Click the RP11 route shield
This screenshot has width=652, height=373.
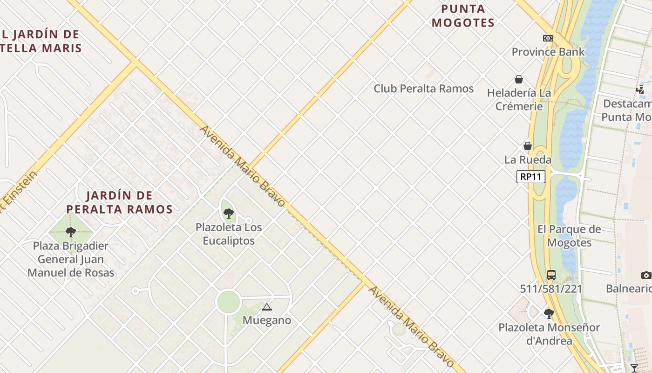[x=530, y=177]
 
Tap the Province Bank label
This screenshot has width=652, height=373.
[x=548, y=52]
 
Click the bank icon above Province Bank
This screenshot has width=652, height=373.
[x=548, y=38]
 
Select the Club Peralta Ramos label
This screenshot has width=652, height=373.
[x=423, y=89]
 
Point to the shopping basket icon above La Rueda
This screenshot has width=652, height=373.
[x=528, y=146]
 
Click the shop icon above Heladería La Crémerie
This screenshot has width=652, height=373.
[x=519, y=80]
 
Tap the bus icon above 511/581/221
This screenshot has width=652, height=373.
[x=551, y=275]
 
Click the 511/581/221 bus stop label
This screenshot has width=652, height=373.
[x=551, y=289]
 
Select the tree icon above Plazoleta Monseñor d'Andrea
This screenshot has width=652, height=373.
[x=549, y=313]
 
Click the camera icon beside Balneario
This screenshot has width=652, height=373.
[x=646, y=275]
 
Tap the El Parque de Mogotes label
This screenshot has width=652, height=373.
[x=569, y=236]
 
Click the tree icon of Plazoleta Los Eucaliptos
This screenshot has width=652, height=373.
[x=228, y=214]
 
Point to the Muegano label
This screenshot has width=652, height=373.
[x=267, y=320]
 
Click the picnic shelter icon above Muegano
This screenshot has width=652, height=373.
[x=266, y=307]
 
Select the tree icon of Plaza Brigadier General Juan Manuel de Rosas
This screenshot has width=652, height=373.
[x=71, y=232]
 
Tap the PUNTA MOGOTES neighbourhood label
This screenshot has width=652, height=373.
[x=463, y=16]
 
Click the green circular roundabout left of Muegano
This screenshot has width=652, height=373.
[x=228, y=302]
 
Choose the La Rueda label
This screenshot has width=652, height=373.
[x=528, y=160]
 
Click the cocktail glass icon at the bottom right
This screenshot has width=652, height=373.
[x=634, y=368]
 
